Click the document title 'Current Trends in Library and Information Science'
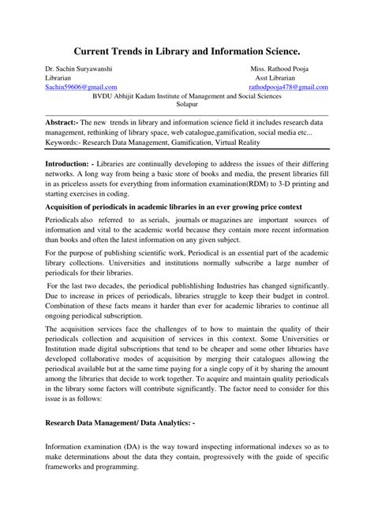[x=186, y=50]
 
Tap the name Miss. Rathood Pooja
[x=282, y=69]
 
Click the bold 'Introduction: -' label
[x=75, y=161]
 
